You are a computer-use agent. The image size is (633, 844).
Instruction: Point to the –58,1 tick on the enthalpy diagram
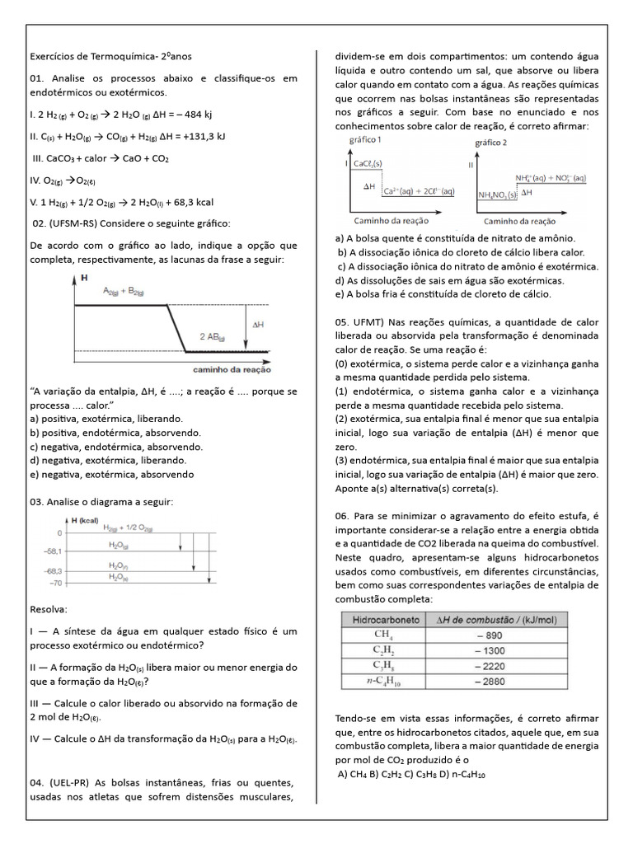(53, 551)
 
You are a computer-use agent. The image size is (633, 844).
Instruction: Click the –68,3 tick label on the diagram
(53, 571)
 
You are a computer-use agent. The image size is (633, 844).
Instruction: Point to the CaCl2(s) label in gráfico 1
(368, 165)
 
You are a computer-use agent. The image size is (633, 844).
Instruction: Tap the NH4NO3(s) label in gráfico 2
(497, 195)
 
